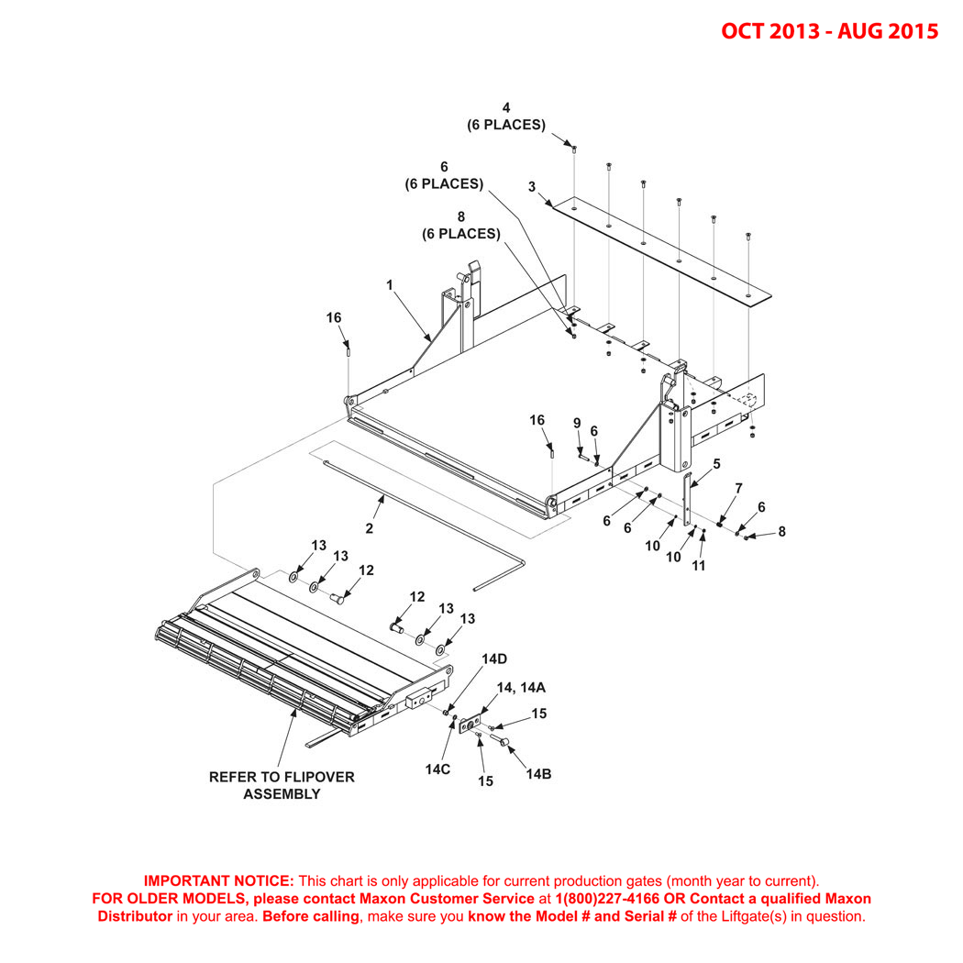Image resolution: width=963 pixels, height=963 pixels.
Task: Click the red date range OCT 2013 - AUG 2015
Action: [829, 31]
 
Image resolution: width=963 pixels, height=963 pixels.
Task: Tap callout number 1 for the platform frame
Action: [390, 285]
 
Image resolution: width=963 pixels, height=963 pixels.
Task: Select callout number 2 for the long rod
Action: [370, 528]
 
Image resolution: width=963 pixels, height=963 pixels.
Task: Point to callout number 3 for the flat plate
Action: [531, 187]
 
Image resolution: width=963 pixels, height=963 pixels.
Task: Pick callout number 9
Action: [577, 423]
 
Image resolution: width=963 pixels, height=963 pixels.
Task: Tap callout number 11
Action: [699, 566]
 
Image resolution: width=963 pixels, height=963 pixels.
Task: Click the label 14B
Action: [538, 773]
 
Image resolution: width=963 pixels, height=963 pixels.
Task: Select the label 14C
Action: [437, 769]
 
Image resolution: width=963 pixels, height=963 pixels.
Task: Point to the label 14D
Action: [494, 659]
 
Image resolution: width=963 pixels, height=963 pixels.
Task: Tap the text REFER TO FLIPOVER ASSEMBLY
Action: [282, 785]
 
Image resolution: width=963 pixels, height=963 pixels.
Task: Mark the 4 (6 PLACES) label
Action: [506, 116]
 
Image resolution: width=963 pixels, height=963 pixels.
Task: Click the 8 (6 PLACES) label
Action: [461, 226]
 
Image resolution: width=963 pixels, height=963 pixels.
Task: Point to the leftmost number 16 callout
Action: [334, 317]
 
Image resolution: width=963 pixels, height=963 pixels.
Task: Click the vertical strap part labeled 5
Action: [689, 500]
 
